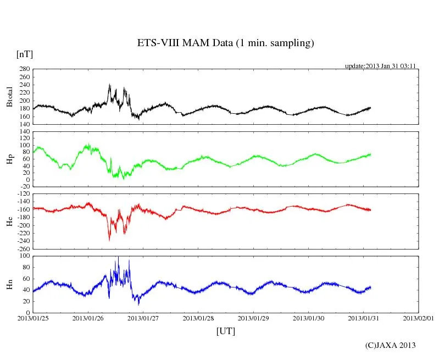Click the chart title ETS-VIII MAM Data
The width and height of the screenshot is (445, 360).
(225, 43)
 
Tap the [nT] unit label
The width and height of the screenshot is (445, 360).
(24, 54)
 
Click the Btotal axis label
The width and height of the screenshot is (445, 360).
(9, 97)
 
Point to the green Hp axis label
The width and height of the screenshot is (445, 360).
(9, 159)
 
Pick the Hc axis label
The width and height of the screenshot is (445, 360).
(9, 221)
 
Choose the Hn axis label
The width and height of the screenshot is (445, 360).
(9, 284)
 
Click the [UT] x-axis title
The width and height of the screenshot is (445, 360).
(225, 331)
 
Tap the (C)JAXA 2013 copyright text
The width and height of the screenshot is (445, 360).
(390, 345)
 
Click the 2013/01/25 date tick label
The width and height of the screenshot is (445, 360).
(33, 318)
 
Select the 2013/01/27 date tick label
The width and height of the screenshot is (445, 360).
(143, 318)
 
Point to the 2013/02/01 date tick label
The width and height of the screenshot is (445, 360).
(418, 318)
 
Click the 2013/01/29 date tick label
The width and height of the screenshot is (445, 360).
(253, 318)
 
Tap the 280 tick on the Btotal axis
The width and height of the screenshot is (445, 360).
(24, 69)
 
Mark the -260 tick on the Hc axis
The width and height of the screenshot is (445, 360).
(23, 248)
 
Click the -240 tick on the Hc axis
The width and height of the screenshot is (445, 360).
(23, 241)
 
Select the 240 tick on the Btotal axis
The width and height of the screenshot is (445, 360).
(24, 85)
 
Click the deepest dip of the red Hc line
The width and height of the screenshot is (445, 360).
(109, 240)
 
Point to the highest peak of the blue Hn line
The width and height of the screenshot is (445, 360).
(118, 257)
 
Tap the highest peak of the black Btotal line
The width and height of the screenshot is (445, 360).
(109, 84)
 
